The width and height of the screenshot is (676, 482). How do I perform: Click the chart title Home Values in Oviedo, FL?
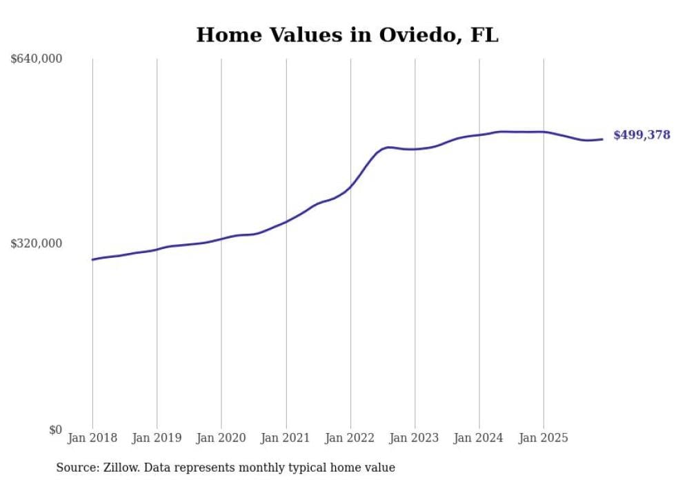click(347, 35)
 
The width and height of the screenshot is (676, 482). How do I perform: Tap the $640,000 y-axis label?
click(37, 59)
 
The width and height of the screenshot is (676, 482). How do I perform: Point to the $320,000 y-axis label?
click(37, 243)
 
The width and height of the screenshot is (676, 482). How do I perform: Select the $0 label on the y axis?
click(55, 430)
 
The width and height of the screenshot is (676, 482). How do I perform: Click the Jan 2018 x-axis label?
click(92, 438)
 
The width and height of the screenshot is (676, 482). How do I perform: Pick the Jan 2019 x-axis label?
click(157, 438)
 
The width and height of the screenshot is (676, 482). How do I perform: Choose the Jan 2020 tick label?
click(221, 438)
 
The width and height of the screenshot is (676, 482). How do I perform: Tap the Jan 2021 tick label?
click(286, 438)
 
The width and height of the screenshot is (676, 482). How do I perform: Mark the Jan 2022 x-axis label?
click(350, 438)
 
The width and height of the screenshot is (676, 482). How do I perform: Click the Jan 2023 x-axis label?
click(415, 438)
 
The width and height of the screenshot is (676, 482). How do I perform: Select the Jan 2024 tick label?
click(479, 438)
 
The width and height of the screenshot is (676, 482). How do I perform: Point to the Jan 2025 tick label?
click(544, 438)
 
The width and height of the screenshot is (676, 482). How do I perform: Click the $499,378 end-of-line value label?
click(642, 135)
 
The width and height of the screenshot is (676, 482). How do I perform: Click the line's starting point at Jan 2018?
click(92, 260)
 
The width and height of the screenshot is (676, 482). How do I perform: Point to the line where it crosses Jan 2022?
click(350, 186)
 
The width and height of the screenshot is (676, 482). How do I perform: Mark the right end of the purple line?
click(603, 139)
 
